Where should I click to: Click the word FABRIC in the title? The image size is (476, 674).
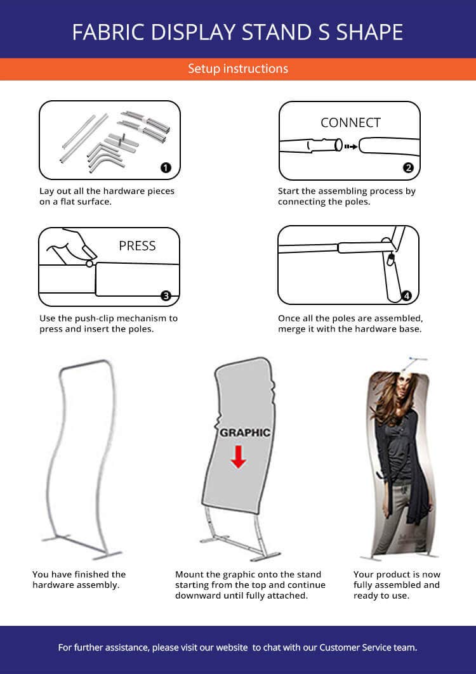[109, 32]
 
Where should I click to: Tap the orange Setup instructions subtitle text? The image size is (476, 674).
[238, 68]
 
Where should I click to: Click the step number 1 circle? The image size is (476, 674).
[166, 167]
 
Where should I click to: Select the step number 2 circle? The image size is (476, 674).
[408, 167]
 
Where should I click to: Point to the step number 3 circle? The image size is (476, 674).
[166, 295]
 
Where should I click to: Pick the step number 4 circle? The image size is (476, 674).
[406, 295]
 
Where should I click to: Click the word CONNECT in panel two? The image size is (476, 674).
[350, 122]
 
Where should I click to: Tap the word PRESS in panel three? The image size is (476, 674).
[137, 246]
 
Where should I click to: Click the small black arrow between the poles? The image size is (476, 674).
[351, 146]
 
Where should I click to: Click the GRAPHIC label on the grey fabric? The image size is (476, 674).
[245, 432]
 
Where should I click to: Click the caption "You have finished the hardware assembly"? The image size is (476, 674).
[79, 580]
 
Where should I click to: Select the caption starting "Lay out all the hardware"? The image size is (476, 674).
[107, 196]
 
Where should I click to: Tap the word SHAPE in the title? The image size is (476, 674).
[370, 32]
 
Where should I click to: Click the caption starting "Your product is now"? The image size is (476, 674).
[397, 585]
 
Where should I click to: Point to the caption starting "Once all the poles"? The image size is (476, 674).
[350, 323]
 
